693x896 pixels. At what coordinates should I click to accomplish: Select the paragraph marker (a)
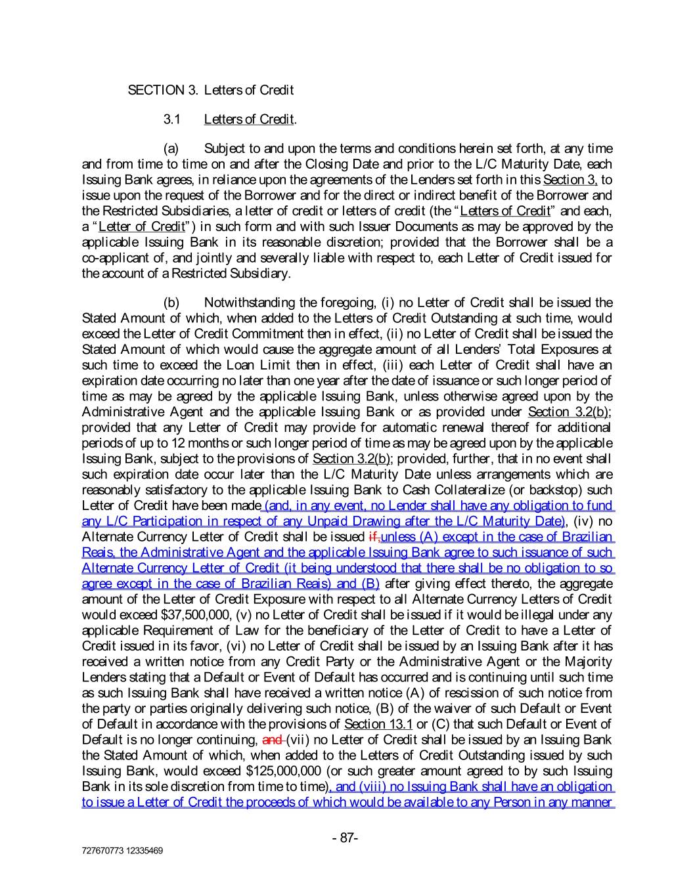click(171, 148)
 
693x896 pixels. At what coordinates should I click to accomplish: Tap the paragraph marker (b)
click(171, 303)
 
